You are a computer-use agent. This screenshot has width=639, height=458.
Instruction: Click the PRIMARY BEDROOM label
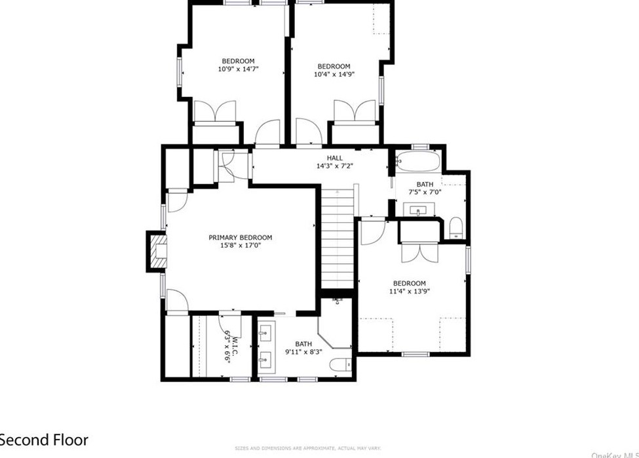coord(240,238)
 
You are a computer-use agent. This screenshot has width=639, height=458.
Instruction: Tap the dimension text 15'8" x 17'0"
coord(240,246)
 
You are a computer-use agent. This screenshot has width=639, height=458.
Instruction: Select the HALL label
coord(335,158)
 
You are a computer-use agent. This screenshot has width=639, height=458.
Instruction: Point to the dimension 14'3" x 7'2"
coord(335,166)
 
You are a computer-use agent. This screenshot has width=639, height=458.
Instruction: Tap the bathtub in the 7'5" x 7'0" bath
coord(416,161)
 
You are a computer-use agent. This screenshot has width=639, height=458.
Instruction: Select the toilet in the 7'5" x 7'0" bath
coord(457,229)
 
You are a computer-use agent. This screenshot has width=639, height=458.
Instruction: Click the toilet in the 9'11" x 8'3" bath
coord(339,365)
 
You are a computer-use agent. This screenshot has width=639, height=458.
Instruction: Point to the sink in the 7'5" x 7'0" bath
coord(417,210)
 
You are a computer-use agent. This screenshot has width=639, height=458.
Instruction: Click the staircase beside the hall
coord(337,239)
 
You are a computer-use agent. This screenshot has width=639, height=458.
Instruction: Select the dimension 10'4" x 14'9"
coord(334,75)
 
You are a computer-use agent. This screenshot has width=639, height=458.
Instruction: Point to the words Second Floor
coord(43,440)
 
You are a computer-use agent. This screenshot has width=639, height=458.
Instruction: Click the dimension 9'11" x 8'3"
coord(303,352)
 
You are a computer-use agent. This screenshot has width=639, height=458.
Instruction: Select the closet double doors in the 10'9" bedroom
coord(214,111)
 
